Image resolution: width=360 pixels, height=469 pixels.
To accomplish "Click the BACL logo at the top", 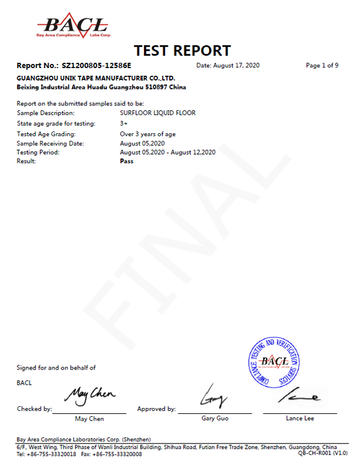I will (73, 26).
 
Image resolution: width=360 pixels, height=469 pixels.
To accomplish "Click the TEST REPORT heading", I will (182, 51).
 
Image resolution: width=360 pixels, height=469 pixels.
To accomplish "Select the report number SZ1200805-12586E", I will (97, 66).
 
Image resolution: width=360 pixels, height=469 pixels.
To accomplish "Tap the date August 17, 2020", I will (228, 66).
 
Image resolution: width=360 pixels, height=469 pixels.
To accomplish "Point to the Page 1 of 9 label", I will (322, 66).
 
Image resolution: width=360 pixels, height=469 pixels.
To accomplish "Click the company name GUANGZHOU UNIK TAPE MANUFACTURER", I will (96, 78).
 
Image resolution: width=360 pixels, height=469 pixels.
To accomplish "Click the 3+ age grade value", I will (124, 123).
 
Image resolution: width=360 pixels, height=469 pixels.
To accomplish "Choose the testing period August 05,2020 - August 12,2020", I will (167, 152).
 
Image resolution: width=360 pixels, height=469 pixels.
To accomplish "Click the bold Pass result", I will (126, 161).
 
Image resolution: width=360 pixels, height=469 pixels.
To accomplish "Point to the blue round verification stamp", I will (274, 362).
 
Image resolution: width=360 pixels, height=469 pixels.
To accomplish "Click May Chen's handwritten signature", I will (90, 396).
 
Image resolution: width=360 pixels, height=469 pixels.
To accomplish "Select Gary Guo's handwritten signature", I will (212, 396).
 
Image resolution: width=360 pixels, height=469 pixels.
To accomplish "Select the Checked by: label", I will (35, 409).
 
